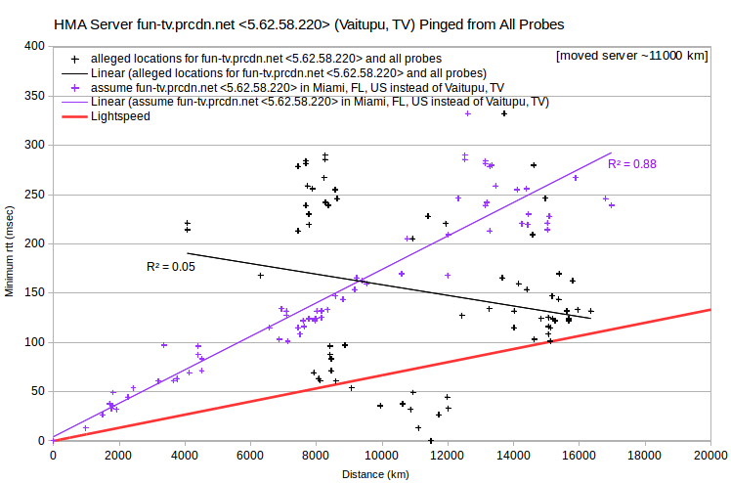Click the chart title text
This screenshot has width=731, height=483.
click(x=309, y=24)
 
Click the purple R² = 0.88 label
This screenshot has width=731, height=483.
click(x=632, y=164)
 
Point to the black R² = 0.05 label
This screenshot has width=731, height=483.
click(x=171, y=267)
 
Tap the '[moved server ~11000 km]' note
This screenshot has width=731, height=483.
click(x=631, y=56)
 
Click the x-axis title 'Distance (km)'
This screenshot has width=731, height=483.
click(x=375, y=474)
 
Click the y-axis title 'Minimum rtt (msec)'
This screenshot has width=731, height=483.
click(x=10, y=251)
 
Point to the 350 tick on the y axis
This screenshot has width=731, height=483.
click(x=34, y=96)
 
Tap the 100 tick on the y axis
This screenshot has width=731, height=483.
click(x=34, y=342)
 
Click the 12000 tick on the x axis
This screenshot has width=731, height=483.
click(x=448, y=456)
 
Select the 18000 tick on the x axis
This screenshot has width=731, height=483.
click(x=645, y=456)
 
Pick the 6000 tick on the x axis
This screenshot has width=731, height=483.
click(x=250, y=456)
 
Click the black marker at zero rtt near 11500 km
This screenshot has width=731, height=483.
click(x=431, y=441)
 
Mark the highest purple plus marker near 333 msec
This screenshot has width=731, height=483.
click(x=468, y=113)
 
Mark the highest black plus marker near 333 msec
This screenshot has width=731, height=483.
click(x=504, y=113)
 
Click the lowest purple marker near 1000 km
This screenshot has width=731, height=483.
click(x=86, y=428)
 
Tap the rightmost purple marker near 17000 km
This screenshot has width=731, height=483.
click(x=612, y=205)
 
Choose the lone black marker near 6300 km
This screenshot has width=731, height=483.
click(x=261, y=276)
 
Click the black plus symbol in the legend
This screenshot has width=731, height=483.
click(x=74, y=60)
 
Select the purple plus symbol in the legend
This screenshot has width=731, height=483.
click(x=74, y=88)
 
